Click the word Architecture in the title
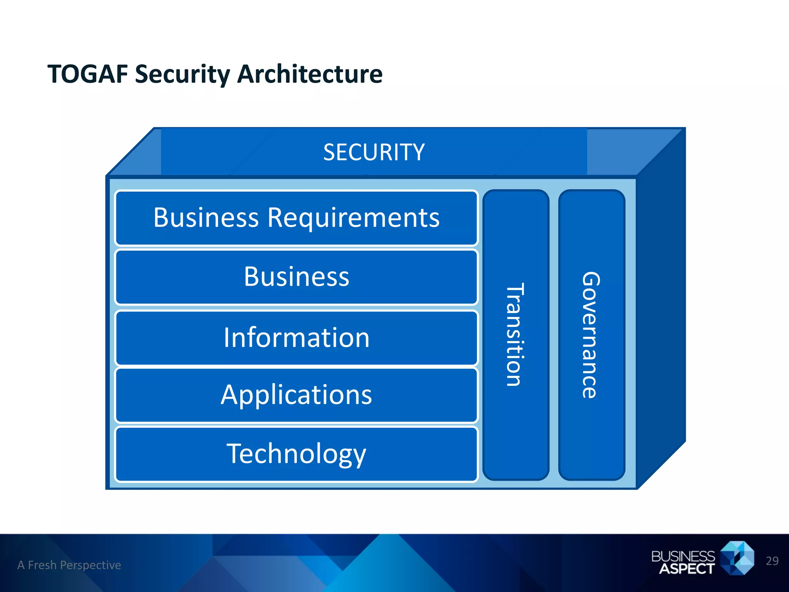pyautogui.click(x=310, y=74)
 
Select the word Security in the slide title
pyautogui.click(x=182, y=74)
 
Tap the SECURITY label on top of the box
pyautogui.click(x=374, y=152)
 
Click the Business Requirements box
pyautogui.click(x=296, y=218)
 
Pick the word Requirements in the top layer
pyautogui.click(x=353, y=218)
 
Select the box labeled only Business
pyautogui.click(x=296, y=277)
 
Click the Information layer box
pyautogui.click(x=296, y=338)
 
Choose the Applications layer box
pyautogui.click(x=296, y=395)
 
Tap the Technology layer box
pyautogui.click(x=296, y=454)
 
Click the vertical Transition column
pyautogui.click(x=515, y=335)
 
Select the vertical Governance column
pyautogui.click(x=591, y=335)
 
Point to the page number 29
pyautogui.click(x=772, y=561)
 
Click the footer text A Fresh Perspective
pyautogui.click(x=69, y=565)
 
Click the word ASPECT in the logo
pyautogui.click(x=687, y=569)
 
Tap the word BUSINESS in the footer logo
pyautogui.click(x=683, y=556)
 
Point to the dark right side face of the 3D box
pyautogui.click(x=661, y=308)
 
